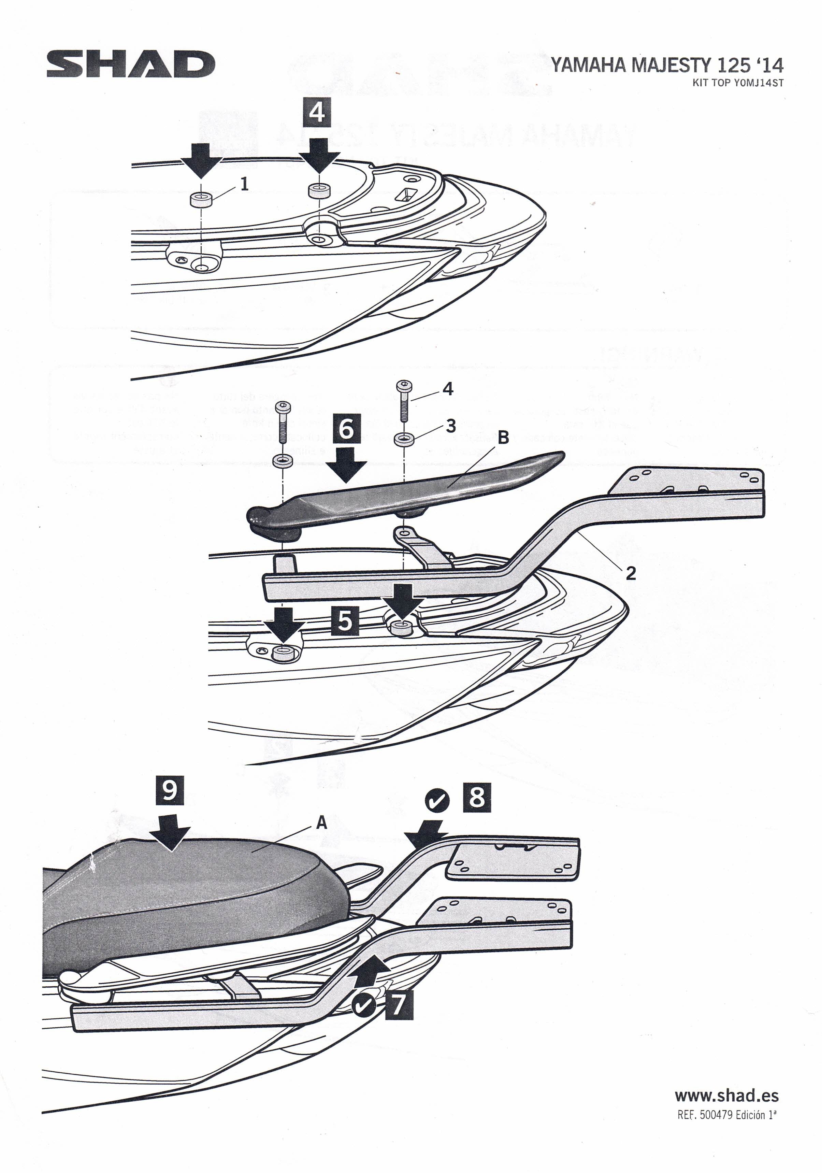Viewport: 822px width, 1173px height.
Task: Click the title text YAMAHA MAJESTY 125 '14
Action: click(x=667, y=66)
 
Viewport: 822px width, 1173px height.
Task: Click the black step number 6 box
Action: click(x=346, y=428)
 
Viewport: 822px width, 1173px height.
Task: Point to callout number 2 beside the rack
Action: click(x=631, y=573)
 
